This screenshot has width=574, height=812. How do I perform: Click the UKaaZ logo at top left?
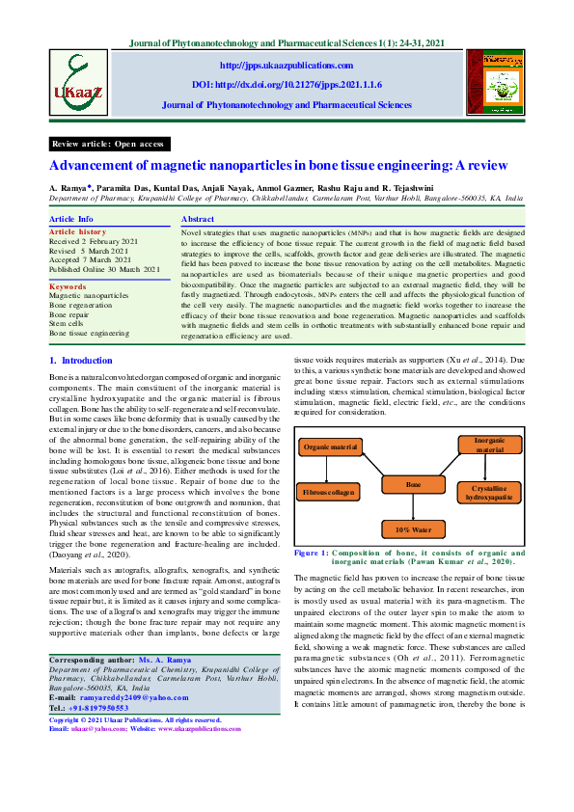[75, 82]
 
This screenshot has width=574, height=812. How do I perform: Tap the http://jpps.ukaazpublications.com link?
[287, 65]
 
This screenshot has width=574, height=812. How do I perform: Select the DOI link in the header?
[287, 84]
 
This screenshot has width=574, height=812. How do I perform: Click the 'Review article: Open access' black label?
[109, 144]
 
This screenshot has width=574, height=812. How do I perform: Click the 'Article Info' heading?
[71, 220]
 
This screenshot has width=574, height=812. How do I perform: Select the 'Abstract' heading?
[198, 220]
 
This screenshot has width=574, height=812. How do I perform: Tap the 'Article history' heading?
[78, 232]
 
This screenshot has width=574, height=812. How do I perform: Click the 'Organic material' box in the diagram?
[330, 447]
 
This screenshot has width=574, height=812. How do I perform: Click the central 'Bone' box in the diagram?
[413, 484]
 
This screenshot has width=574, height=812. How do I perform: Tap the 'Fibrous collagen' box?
[329, 492]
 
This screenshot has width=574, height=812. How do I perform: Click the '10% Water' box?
[413, 528]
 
